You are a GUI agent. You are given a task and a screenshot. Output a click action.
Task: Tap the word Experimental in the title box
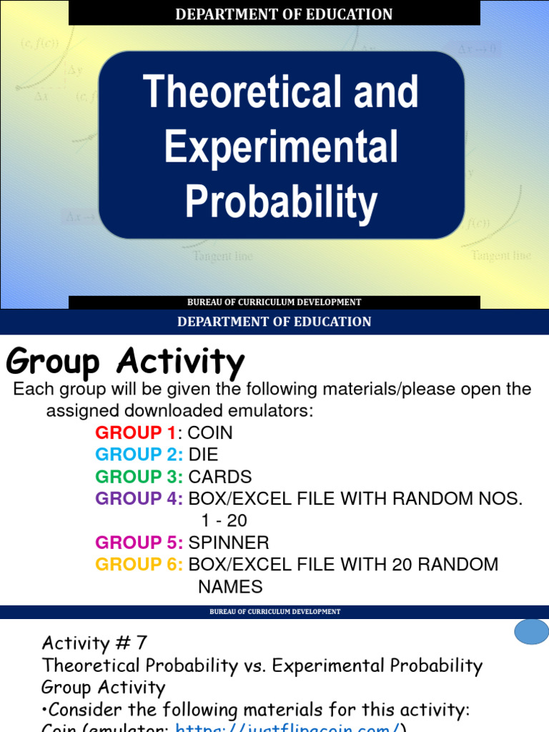(281, 147)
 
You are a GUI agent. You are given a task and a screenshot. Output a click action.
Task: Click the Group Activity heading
(125, 362)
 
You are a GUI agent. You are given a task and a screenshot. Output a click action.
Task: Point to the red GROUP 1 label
(135, 433)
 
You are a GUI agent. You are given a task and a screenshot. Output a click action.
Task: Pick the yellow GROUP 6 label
(139, 565)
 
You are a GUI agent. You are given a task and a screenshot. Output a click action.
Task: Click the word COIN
(210, 433)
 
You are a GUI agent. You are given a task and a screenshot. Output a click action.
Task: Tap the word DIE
(203, 455)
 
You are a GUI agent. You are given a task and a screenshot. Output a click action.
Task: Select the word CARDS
(220, 477)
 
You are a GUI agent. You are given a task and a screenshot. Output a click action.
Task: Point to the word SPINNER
(229, 543)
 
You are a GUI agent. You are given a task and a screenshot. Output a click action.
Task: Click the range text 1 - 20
(224, 520)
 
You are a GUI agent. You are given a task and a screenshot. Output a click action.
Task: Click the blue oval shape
(532, 633)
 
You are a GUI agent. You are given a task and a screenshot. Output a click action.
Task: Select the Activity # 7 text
(94, 643)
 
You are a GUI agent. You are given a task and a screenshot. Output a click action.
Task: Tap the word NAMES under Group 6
(230, 587)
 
